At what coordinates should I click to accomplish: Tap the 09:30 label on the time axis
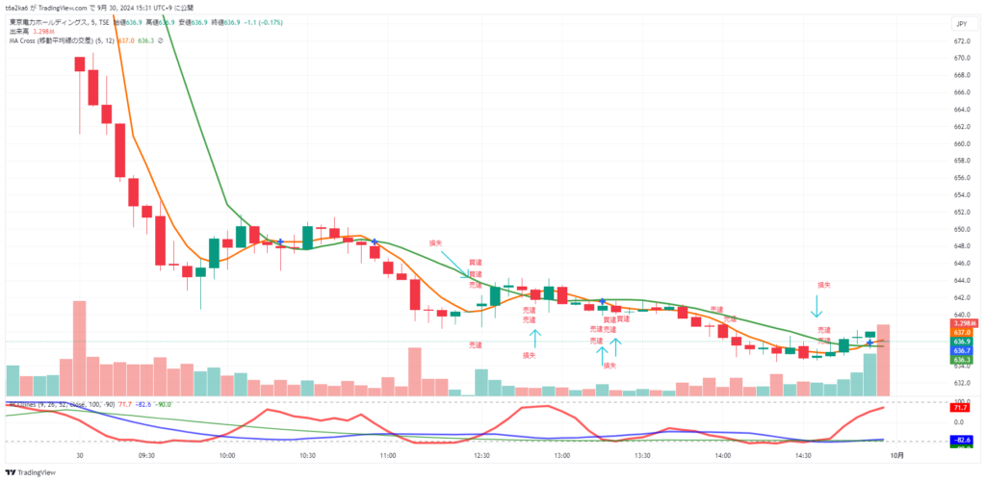pos(147,456)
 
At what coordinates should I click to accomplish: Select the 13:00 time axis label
pos(563,456)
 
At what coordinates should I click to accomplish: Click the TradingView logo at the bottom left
pos(31,472)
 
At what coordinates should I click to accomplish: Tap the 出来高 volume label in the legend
pos(20,31)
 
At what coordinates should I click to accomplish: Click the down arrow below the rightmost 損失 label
pos(817,306)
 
